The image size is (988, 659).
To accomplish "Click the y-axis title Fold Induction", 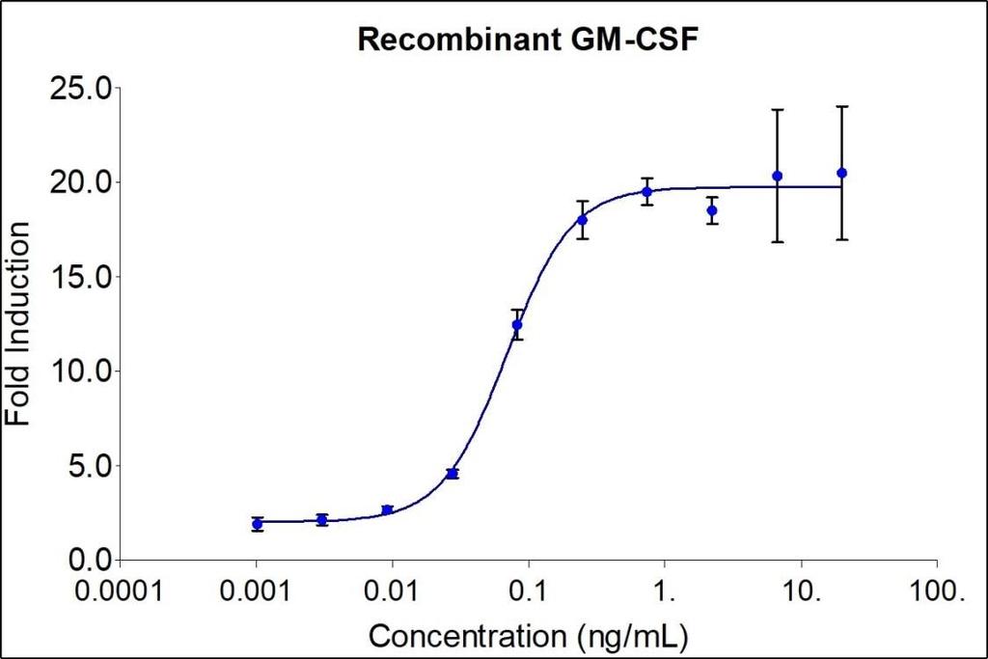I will (18, 323).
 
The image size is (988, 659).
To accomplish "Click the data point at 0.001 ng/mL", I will (257, 524).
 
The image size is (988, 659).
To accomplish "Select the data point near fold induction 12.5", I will (517, 324).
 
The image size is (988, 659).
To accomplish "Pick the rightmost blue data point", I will (841, 173).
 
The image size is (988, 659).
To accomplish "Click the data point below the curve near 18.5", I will (712, 210).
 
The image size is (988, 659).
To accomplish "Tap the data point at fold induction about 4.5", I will (452, 474).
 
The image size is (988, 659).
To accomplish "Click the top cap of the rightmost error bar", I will (841, 106).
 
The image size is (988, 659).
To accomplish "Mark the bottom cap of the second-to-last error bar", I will (777, 241).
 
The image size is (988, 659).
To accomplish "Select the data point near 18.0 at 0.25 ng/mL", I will (582, 220).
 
